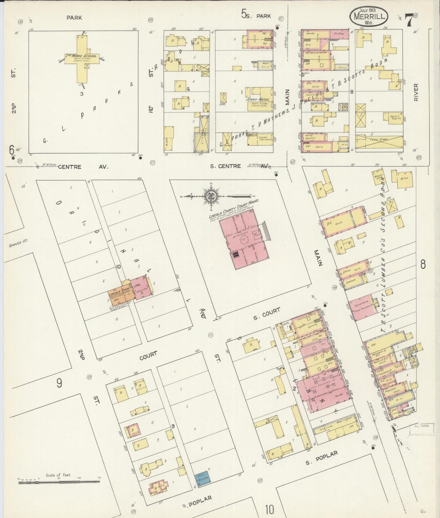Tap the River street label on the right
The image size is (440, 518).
point(416,91)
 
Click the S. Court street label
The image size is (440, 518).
point(267,314)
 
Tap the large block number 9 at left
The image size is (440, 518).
point(59,383)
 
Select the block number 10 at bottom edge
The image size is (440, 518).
point(270,509)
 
